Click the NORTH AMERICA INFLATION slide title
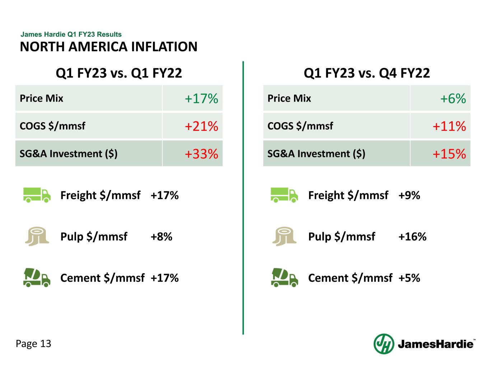108,47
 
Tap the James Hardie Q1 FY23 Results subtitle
71,34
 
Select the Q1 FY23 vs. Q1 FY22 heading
119,73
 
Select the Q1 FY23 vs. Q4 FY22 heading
367,73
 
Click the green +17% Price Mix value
201,98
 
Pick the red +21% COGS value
201,126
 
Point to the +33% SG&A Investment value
201,154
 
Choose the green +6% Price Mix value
453,98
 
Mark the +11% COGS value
449,126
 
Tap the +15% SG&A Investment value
449,154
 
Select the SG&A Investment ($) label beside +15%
316,154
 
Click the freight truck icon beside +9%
284,195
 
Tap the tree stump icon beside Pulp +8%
37,237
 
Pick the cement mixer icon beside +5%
284,278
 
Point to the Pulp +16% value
412,237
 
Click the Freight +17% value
165,195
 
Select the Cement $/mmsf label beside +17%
102,278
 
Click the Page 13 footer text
34,344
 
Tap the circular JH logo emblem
384,344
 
